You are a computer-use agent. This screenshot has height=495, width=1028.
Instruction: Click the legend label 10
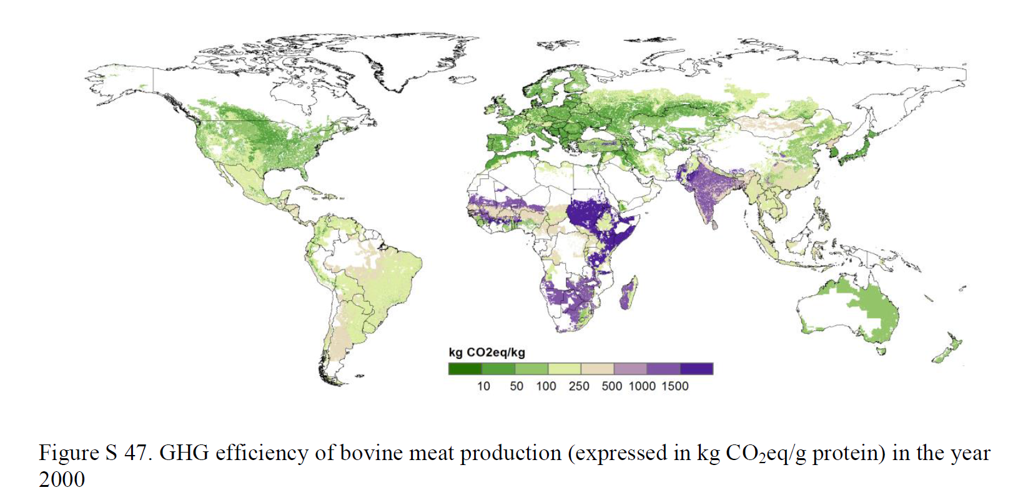(483, 386)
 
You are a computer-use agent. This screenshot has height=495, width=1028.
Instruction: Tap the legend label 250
(579, 386)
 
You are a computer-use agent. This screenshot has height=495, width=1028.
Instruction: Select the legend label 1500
(675, 386)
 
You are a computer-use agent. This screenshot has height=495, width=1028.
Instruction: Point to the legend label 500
(611, 386)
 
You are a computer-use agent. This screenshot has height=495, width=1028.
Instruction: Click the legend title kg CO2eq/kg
(487, 353)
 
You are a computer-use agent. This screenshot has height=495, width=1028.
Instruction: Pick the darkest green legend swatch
(465, 369)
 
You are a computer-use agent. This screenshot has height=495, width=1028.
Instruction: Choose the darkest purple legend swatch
(696, 369)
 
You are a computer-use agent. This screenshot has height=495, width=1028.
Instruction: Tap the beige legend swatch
(597, 369)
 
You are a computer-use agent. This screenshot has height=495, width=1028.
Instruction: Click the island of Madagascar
(629, 293)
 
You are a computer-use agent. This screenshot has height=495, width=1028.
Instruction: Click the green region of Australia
(871, 306)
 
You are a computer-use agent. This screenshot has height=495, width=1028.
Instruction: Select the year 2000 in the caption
(61, 479)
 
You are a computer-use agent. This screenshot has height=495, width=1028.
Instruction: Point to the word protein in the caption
(849, 453)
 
